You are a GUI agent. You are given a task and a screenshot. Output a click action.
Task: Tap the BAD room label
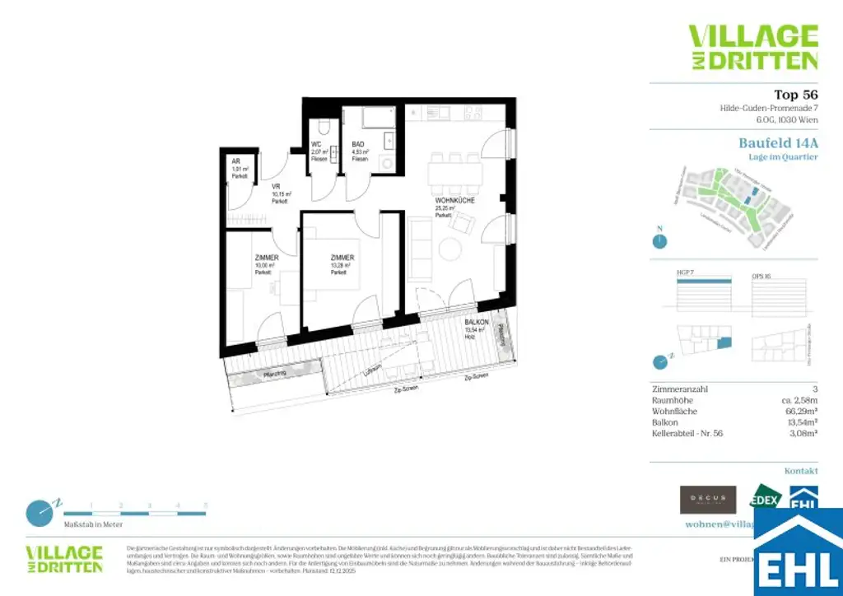click(x=358, y=142)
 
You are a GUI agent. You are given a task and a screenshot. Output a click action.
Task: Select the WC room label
click(x=315, y=142)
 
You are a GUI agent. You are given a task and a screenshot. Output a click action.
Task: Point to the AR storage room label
click(x=235, y=161)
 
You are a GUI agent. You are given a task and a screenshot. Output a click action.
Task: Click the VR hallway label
click(x=277, y=187)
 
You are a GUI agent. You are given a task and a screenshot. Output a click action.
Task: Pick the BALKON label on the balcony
click(x=477, y=323)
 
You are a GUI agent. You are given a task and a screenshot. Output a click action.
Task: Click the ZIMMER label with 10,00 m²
click(x=266, y=258)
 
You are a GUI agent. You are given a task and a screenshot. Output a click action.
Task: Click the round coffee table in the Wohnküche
click(x=450, y=249)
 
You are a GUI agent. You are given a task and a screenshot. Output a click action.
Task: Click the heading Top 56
click(x=796, y=94)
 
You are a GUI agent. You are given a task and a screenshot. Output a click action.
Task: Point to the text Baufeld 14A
click(x=778, y=142)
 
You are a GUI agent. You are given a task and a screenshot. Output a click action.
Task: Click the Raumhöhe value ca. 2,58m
click(x=796, y=399)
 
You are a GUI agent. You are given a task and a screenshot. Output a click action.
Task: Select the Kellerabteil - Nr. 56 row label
click(x=687, y=433)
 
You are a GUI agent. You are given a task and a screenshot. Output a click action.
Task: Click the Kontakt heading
click(x=801, y=471)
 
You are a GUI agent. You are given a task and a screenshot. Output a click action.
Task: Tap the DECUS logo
click(x=708, y=500)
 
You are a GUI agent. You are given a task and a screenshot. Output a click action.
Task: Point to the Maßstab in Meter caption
click(x=93, y=524)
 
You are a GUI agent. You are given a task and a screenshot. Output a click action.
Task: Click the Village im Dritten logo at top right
click(x=753, y=47)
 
